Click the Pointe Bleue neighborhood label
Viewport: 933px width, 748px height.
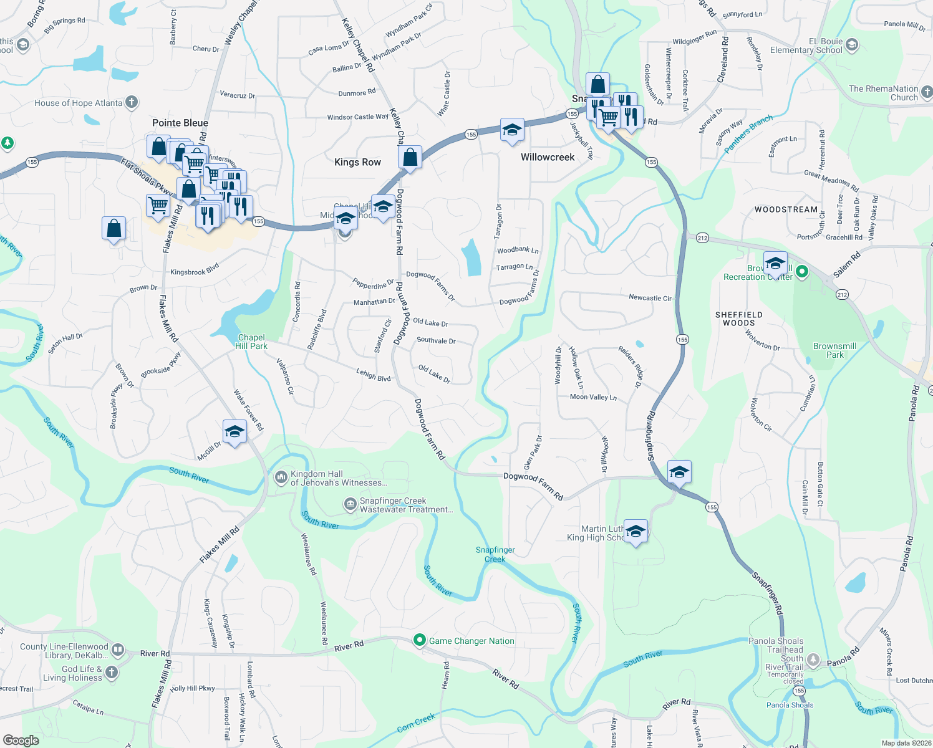tap(180, 123)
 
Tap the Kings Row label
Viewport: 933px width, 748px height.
tap(357, 162)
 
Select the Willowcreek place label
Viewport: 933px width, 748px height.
tap(548, 157)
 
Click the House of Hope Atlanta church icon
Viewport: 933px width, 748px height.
tap(132, 102)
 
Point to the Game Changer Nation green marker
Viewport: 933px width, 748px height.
tap(420, 640)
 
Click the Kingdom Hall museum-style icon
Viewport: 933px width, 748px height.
tap(281, 477)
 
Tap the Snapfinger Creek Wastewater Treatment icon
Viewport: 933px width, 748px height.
tap(350, 504)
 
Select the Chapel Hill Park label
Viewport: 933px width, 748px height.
tap(251, 342)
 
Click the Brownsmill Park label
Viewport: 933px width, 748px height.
tap(834, 350)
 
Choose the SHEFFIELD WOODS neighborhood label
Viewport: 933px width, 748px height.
tap(738, 319)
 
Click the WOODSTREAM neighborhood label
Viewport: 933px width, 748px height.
tap(786, 209)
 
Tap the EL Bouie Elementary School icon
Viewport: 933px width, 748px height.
tap(852, 45)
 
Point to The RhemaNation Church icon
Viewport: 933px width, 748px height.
tap(927, 92)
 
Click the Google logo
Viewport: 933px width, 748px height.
tap(21, 741)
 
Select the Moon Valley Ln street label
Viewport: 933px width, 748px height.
tap(593, 397)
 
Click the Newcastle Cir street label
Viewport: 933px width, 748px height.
tap(650, 298)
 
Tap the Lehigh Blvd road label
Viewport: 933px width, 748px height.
tap(373, 374)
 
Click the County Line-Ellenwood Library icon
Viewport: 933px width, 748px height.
tap(118, 651)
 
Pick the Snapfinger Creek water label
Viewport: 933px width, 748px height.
tap(495, 554)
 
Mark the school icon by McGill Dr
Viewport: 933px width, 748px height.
tap(234, 432)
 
